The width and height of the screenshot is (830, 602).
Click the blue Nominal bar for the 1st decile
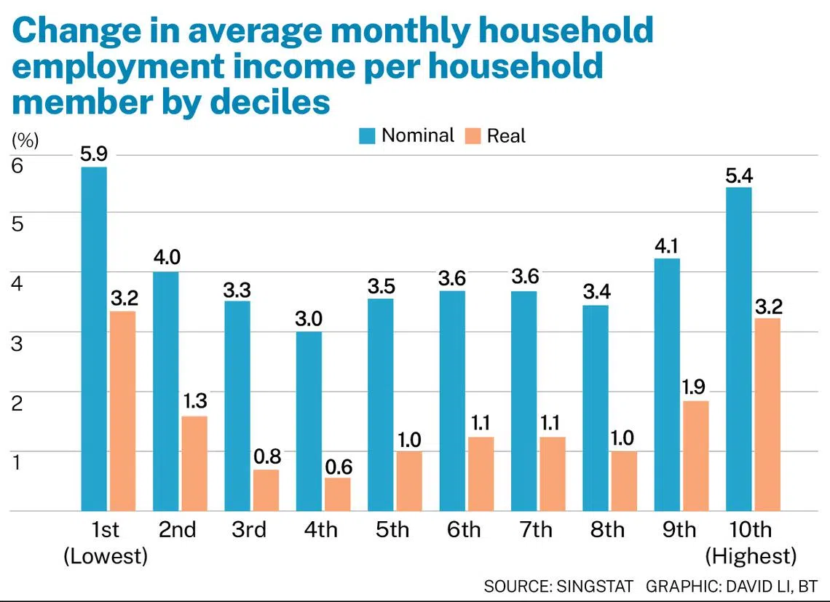pyautogui.click(x=94, y=339)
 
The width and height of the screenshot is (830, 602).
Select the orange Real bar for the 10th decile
pyautogui.click(x=767, y=415)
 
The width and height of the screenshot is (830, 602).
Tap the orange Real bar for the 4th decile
pyautogui.click(x=338, y=494)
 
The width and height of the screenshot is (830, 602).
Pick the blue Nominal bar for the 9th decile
pyautogui.click(x=667, y=385)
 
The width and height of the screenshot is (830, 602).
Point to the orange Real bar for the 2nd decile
pyautogui.click(x=194, y=464)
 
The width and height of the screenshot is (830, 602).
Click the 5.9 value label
pyautogui.click(x=94, y=154)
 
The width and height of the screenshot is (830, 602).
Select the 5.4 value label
pyautogui.click(x=739, y=175)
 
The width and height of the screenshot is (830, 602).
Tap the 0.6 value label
pyautogui.click(x=339, y=467)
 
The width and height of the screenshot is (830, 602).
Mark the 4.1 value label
pyautogui.click(x=666, y=246)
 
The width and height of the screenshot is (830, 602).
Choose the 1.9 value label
pyautogui.click(x=693, y=387)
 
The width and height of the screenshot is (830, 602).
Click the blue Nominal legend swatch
pyautogui.click(x=367, y=135)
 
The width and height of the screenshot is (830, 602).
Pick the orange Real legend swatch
pyautogui.click(x=473, y=135)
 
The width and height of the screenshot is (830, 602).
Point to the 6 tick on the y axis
pyautogui.click(x=17, y=166)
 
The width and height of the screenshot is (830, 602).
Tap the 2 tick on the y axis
pyautogui.click(x=17, y=403)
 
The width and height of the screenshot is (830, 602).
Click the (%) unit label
pyautogui.click(x=25, y=140)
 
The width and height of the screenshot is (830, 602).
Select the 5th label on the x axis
pyautogui.click(x=392, y=529)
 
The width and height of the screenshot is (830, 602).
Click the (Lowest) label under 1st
pyautogui.click(x=106, y=556)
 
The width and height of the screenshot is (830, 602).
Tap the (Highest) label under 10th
pyautogui.click(x=751, y=556)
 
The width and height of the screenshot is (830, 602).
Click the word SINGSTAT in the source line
pyautogui.click(x=595, y=587)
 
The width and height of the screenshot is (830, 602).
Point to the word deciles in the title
pyautogui.click(x=270, y=102)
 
